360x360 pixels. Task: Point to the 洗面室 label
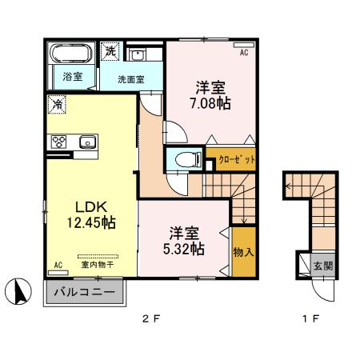click(130, 80)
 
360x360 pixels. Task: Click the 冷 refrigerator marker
click(58, 104)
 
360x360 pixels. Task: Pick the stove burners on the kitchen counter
click(59, 142)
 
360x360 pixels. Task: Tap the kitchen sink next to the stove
click(86, 142)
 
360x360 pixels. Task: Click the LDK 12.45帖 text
click(83, 211)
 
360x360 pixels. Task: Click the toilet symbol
click(185, 158)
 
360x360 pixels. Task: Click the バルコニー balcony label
click(83, 293)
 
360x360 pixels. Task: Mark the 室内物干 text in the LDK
click(94, 263)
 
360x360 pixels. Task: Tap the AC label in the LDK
click(58, 264)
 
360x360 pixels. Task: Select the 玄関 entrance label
click(322, 266)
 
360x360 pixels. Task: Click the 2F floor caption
click(152, 319)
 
